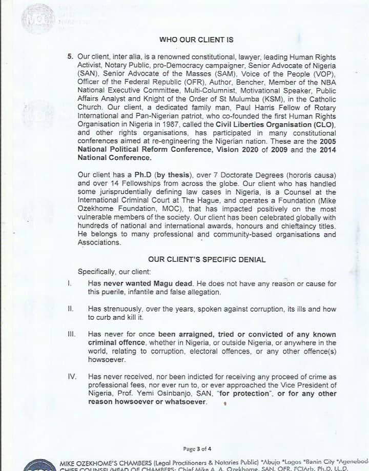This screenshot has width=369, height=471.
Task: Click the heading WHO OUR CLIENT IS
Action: (x=196, y=39)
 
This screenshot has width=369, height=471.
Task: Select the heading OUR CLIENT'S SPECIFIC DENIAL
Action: (x=207, y=259)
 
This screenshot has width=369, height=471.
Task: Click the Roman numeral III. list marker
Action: (x=71, y=334)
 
